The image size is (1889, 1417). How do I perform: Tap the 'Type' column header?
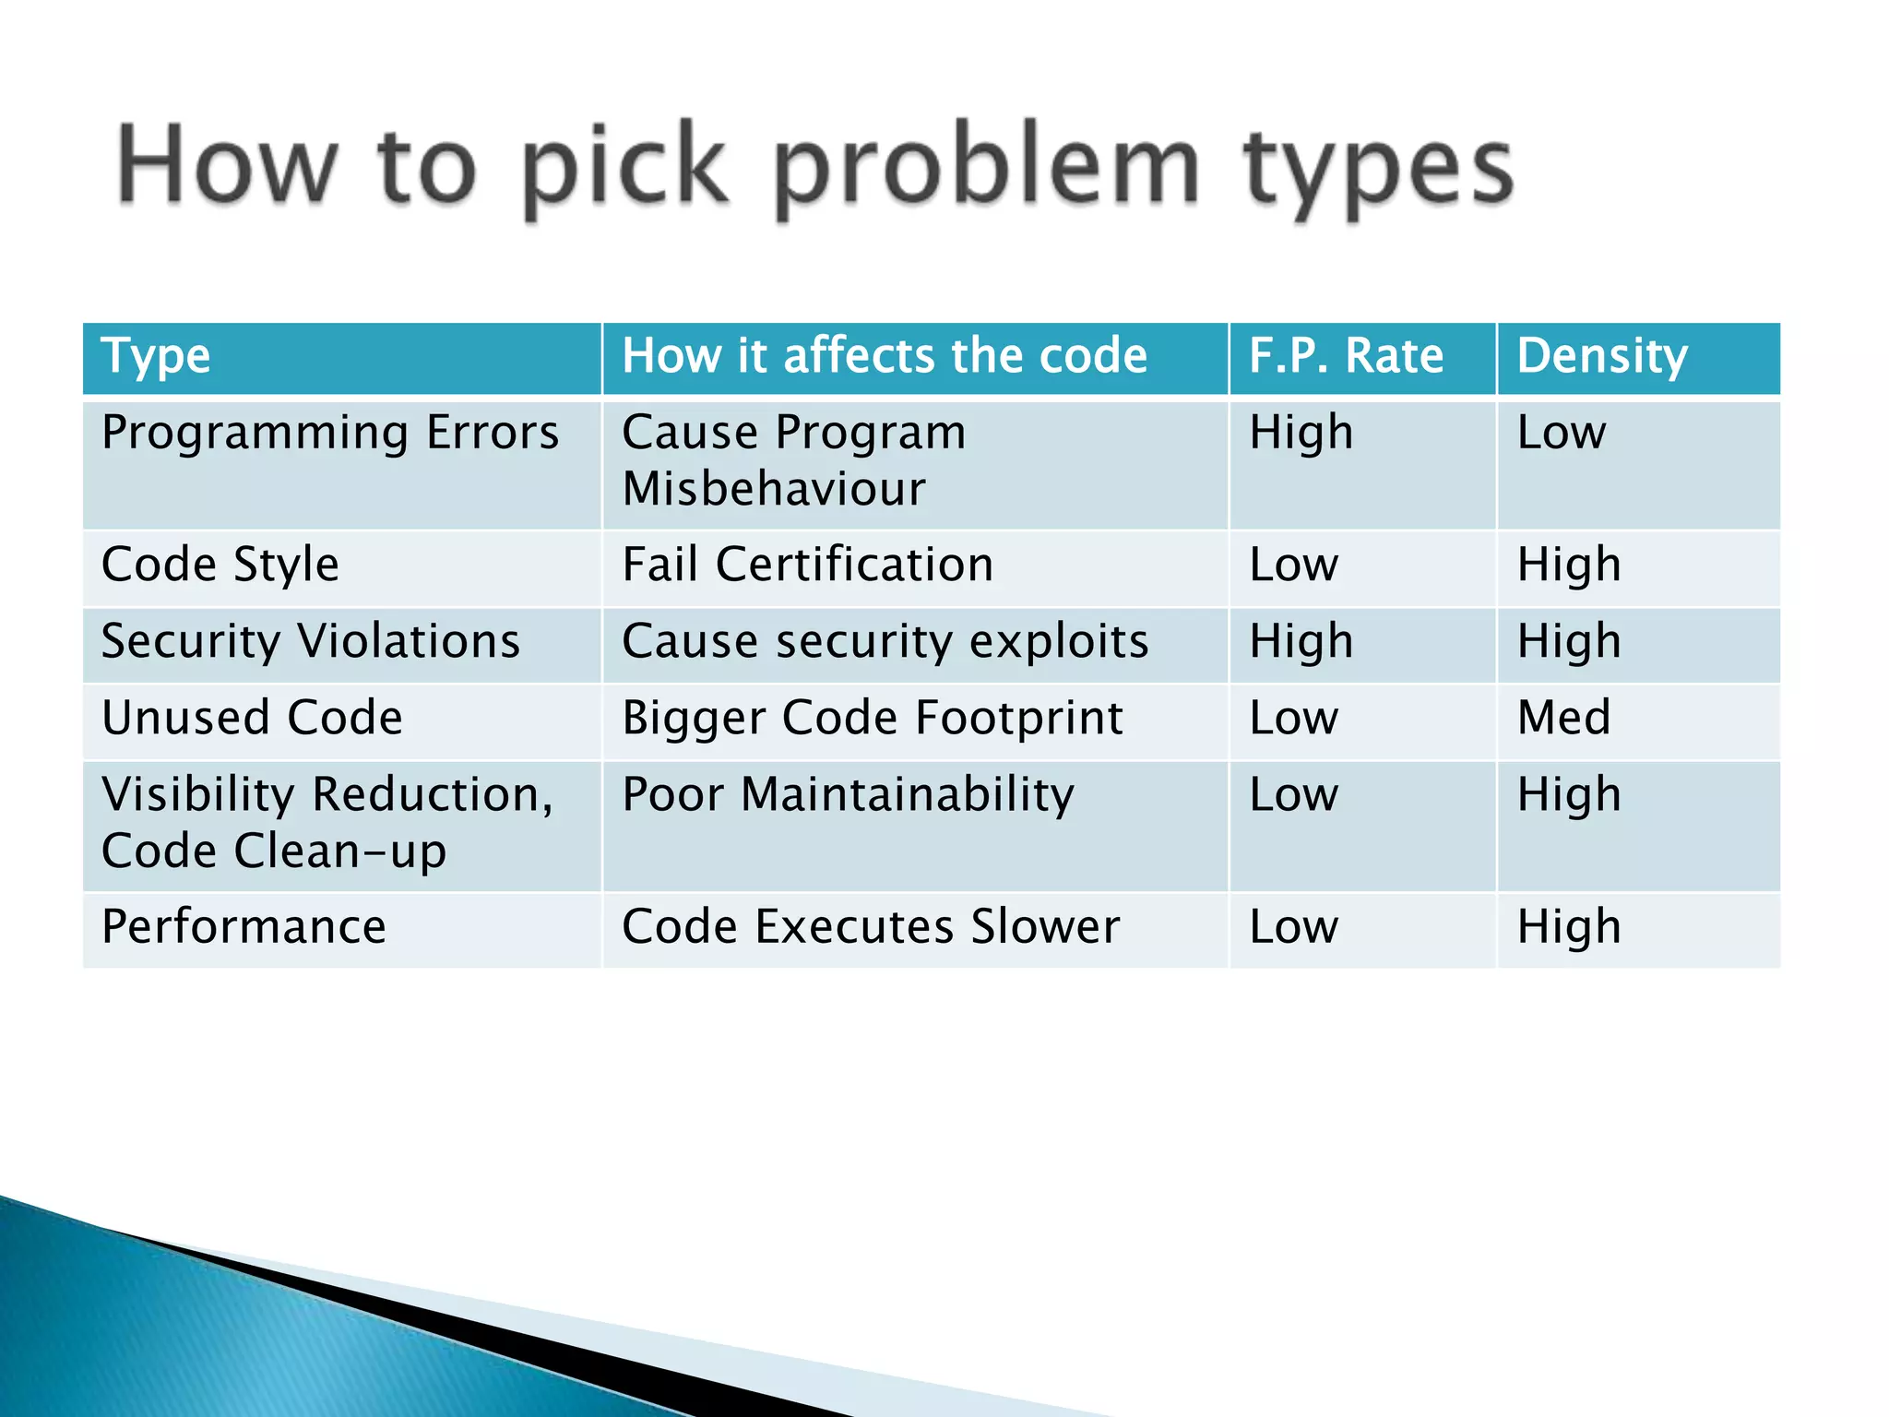pyautogui.click(x=157, y=356)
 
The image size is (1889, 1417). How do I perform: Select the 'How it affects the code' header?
pyautogui.click(x=884, y=356)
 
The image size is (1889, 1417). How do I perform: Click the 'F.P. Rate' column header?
pyautogui.click(x=1346, y=356)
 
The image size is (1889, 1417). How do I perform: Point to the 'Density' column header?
pyautogui.click(x=1602, y=356)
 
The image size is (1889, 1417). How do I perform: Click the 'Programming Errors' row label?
pyautogui.click(x=330, y=433)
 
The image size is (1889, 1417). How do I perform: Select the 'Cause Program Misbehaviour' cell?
pyautogui.click(x=793, y=460)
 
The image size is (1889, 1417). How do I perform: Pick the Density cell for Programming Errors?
pyautogui.click(x=1562, y=433)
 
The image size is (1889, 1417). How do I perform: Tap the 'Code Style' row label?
pyautogui.click(x=220, y=565)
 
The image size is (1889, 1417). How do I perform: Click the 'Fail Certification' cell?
pyautogui.click(x=808, y=565)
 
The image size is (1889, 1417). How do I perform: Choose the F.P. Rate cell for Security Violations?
pyautogui.click(x=1301, y=641)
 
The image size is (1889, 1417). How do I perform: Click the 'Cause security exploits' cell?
pyautogui.click(x=885, y=641)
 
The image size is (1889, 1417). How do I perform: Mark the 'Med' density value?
pyautogui.click(x=1564, y=718)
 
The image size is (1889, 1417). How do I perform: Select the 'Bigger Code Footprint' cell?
pyautogui.click(x=872, y=718)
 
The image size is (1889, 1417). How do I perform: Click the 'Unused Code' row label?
pyautogui.click(x=252, y=718)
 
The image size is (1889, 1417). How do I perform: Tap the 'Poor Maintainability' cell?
pyautogui.click(x=848, y=794)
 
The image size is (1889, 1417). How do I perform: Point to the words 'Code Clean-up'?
pyautogui.click(x=274, y=851)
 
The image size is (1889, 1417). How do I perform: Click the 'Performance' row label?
pyautogui.click(x=244, y=927)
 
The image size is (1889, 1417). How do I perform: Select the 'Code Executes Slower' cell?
pyautogui.click(x=870, y=927)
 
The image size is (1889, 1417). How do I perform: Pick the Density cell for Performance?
pyautogui.click(x=1569, y=927)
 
